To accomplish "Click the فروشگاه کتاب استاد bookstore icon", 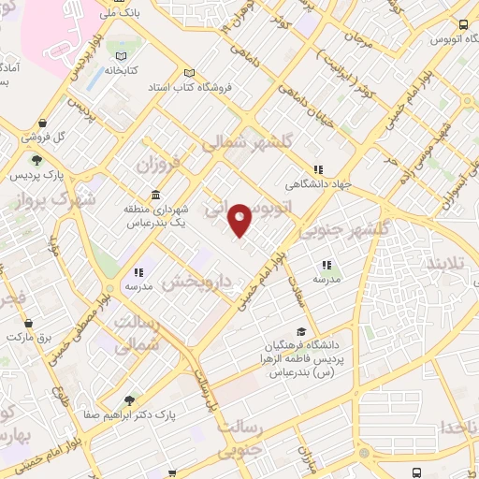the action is click(x=190, y=75).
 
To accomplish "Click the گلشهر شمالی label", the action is click(x=239, y=140).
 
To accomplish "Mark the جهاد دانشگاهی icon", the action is click(x=319, y=169).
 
